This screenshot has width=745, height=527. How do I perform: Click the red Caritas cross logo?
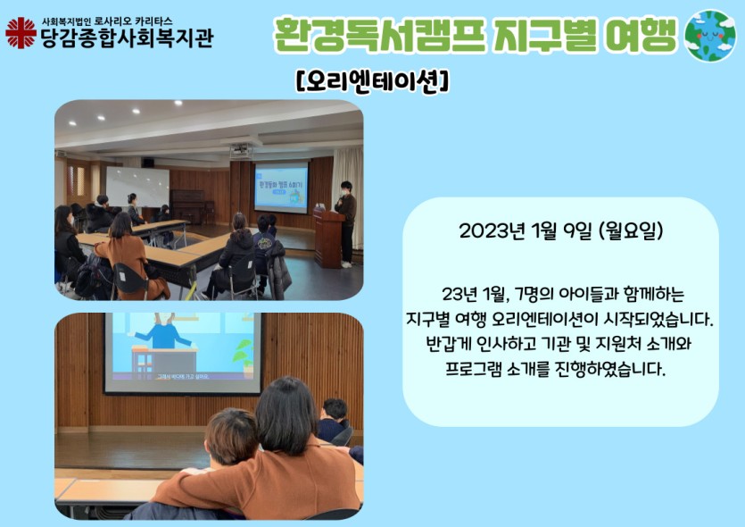click(21, 33)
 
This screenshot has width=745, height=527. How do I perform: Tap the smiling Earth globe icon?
click(710, 35)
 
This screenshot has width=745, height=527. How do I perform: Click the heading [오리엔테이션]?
click(372, 81)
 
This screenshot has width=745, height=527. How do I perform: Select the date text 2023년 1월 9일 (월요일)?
click(560, 231)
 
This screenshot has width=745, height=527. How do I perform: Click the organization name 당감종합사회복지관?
click(128, 38)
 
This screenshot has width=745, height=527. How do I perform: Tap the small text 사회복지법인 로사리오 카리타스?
click(107, 21)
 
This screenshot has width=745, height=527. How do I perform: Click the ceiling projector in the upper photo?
click(241, 150)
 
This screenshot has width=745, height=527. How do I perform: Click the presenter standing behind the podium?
click(346, 222)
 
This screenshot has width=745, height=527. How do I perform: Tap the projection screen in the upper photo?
click(281, 187)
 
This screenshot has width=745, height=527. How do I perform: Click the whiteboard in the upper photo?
click(137, 187)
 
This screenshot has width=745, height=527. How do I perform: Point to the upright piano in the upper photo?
click(188, 206)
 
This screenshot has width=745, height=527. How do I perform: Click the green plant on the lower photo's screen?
click(245, 356)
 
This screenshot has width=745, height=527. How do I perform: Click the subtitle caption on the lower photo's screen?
click(183, 376)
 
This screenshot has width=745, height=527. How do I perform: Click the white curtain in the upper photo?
click(348, 180)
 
